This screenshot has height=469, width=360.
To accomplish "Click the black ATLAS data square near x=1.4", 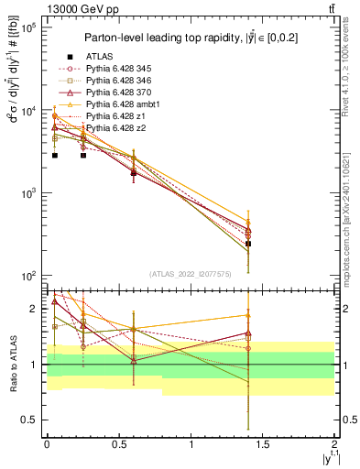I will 248,244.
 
